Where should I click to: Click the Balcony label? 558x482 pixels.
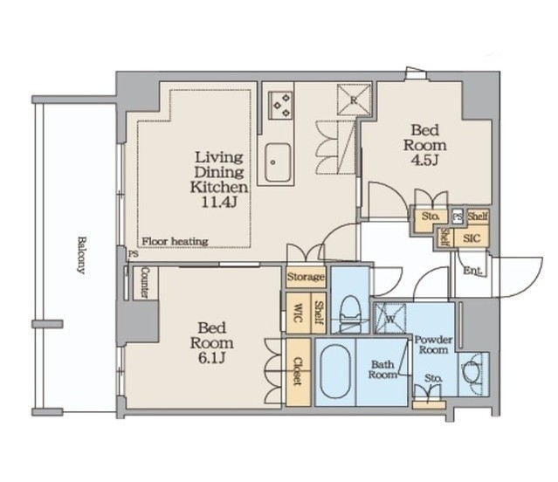(x=81, y=255)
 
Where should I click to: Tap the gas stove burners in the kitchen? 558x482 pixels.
(x=280, y=106)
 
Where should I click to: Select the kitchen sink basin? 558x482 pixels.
(x=278, y=162)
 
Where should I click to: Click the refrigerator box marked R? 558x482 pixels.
(x=354, y=100)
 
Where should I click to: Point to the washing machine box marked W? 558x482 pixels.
(x=390, y=319)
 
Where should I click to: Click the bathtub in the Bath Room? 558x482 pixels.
(x=335, y=371)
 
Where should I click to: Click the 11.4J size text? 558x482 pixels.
(x=219, y=203)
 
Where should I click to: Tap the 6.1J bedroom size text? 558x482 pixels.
(x=211, y=358)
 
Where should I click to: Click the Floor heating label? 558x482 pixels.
(x=175, y=242)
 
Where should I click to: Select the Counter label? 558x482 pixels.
(x=145, y=283)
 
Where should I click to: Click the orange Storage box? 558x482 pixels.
(x=306, y=277)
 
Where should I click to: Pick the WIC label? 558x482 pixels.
(x=298, y=313)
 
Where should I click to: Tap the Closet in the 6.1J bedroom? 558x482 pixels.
(x=299, y=372)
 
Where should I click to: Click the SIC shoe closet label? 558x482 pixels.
(x=472, y=238)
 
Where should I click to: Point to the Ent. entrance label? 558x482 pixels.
(x=473, y=271)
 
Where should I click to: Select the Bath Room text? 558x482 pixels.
(x=382, y=369)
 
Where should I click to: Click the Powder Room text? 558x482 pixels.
(x=433, y=345)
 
